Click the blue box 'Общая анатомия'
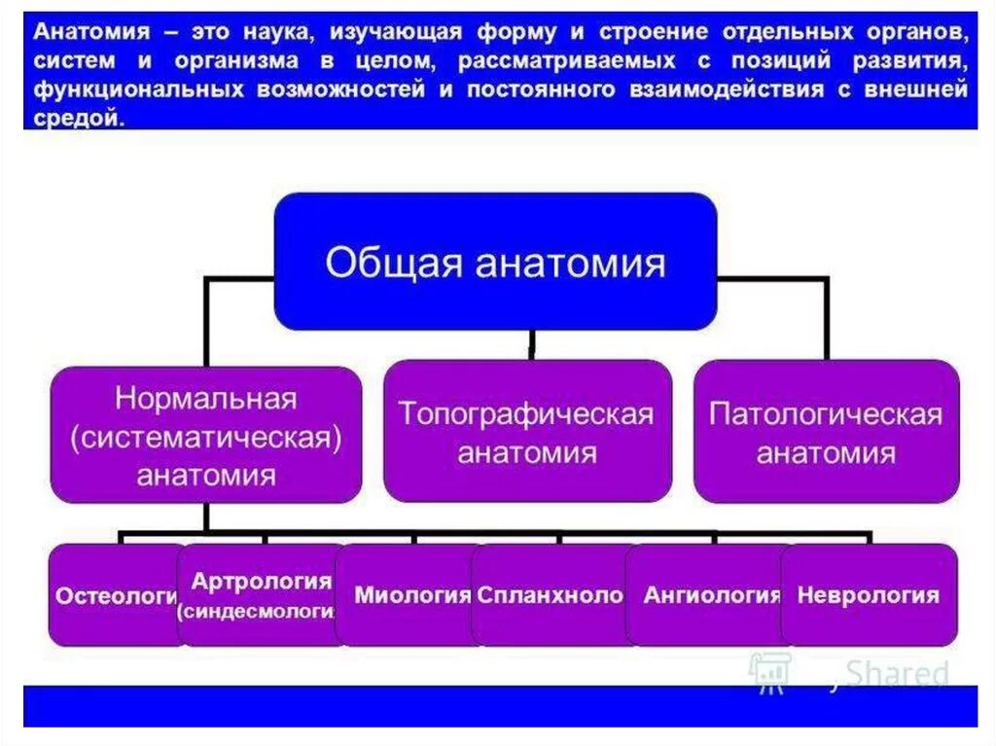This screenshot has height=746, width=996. tap(496, 263)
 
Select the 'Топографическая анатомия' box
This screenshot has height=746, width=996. tap(527, 432)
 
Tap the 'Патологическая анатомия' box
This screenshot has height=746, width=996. tap(826, 432)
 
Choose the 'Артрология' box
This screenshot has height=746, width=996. tap(261, 595)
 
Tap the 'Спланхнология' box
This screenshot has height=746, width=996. tap(550, 595)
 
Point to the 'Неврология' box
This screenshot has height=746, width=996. tap(869, 595)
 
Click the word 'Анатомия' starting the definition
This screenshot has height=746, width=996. tap(91, 32)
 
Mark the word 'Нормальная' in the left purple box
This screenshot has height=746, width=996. tap(205, 399)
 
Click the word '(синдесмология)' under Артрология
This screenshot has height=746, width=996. tap(256, 611)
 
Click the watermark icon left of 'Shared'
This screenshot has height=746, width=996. tap(768, 671)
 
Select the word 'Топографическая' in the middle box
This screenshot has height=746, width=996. tap(526, 413)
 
